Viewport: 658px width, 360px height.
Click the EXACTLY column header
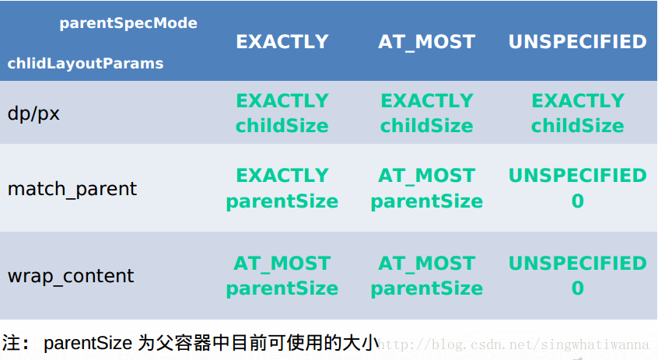tap(282, 42)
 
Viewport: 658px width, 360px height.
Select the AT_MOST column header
tap(426, 42)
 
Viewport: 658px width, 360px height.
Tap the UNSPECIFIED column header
tap(577, 42)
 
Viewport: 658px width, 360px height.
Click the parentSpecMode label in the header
tap(128, 23)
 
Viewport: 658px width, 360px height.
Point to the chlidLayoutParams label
tap(86, 64)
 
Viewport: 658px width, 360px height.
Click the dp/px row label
tap(33, 114)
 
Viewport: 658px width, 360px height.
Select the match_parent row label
tap(72, 189)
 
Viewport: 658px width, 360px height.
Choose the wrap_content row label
tap(71, 276)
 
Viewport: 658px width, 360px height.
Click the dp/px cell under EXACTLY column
tap(282, 114)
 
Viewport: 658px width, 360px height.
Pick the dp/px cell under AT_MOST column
tap(426, 114)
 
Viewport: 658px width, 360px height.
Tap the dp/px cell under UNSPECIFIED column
tap(577, 114)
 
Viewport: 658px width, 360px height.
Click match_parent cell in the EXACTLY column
tap(282, 189)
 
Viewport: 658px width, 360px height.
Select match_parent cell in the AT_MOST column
tap(426, 189)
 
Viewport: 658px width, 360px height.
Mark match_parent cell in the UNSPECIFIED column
tap(577, 189)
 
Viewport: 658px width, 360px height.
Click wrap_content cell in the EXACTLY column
tap(282, 276)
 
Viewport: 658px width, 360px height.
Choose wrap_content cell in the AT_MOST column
tap(426, 276)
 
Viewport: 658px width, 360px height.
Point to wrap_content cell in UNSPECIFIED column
tap(577, 276)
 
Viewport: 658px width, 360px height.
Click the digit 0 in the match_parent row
tap(577, 201)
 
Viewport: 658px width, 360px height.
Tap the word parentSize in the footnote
tap(88, 343)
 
